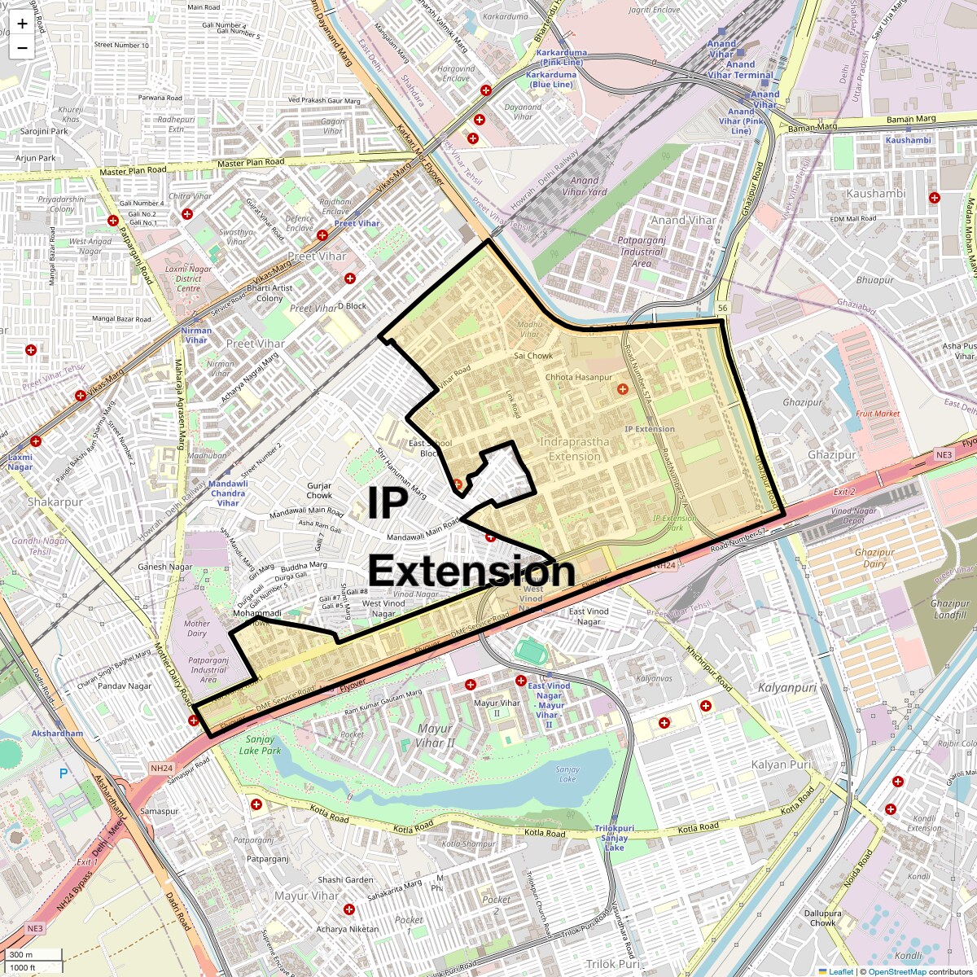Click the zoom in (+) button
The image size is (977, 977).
[x=22, y=24]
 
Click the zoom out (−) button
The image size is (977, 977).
[x=22, y=48]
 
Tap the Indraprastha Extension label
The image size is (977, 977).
[x=574, y=449]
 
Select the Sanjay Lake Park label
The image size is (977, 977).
[x=260, y=745]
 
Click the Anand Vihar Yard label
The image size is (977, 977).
[x=585, y=186]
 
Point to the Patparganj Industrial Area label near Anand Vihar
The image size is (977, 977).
[x=642, y=252]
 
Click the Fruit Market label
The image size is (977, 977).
[x=878, y=414]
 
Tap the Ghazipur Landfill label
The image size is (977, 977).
[x=950, y=609]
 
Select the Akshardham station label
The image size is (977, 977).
[x=57, y=734]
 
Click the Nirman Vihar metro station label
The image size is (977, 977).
[x=196, y=335]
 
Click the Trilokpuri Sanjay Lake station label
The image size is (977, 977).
[x=614, y=838]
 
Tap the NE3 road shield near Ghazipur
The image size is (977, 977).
[x=944, y=455]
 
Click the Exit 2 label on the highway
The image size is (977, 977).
[x=844, y=492]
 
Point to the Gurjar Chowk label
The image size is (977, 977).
[x=319, y=490]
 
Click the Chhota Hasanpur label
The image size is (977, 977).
[x=578, y=378]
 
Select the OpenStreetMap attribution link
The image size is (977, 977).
[x=896, y=971]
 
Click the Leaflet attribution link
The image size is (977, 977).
[x=841, y=971]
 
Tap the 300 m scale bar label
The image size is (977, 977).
[x=21, y=955]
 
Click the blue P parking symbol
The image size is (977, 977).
[x=64, y=773]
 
